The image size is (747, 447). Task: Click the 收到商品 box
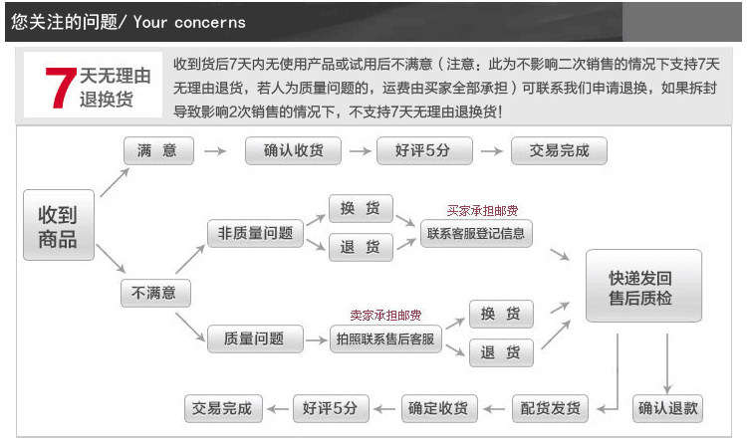(58, 226)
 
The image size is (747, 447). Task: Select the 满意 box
(158, 151)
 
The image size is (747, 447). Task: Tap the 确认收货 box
(293, 151)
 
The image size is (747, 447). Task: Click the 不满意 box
(155, 293)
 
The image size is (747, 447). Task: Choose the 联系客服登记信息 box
(477, 235)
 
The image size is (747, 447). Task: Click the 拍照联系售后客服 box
(385, 339)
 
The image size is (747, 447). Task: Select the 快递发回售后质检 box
(642, 286)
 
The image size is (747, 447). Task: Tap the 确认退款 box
(667, 408)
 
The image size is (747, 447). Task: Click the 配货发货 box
(550, 408)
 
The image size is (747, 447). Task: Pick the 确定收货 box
(439, 408)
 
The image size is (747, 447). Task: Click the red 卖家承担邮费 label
(385, 316)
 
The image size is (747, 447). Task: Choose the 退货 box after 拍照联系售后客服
(501, 352)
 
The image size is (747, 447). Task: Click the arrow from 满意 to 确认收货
(214, 151)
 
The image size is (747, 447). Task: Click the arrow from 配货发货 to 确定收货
(495, 408)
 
